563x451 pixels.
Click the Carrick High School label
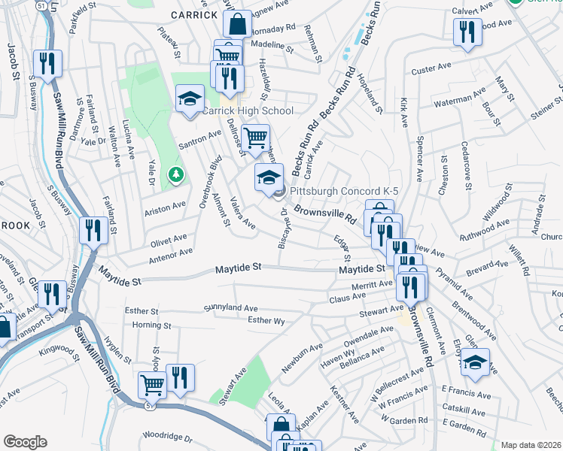(248, 111)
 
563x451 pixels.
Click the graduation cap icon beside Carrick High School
(190, 98)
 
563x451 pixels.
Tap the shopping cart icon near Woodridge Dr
(152, 386)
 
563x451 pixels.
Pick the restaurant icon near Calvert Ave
(467, 32)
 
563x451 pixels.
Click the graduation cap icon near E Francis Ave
(475, 362)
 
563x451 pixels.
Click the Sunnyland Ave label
(231, 308)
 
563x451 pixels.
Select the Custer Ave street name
(430, 71)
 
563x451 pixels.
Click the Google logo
(25, 441)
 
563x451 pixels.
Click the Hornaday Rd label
(273, 27)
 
